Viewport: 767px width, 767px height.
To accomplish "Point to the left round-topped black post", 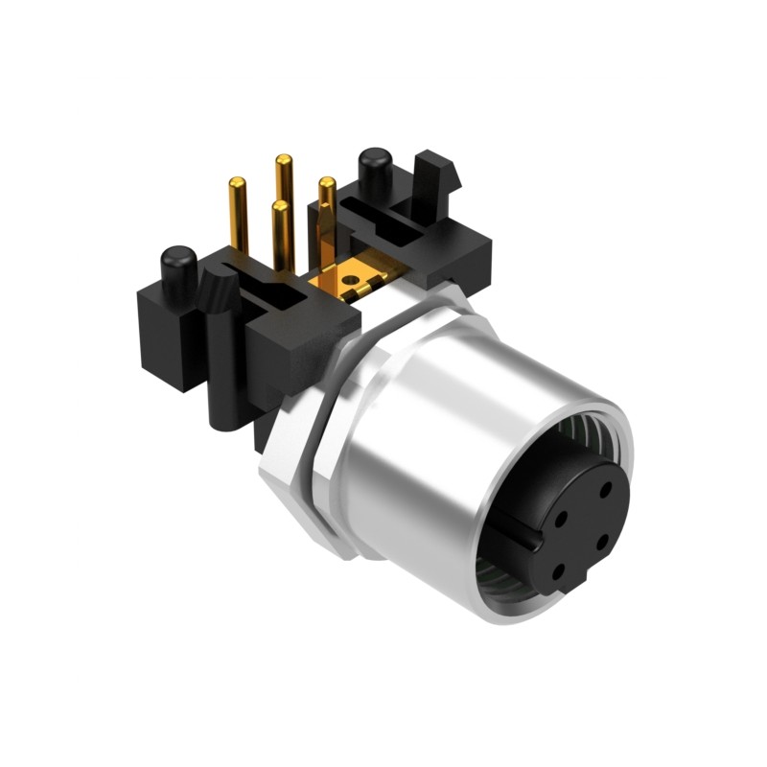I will point(177,266).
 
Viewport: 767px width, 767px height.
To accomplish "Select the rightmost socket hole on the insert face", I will point(601,540).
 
